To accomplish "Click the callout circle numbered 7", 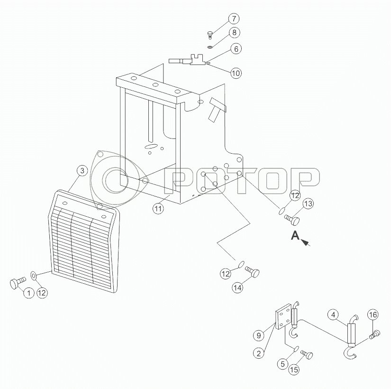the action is click(234, 19).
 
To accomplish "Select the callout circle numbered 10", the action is click(236, 73).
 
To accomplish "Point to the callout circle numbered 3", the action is click(82, 171).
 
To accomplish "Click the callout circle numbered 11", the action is click(158, 208).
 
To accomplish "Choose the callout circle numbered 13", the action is click(308, 204).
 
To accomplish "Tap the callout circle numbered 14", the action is click(237, 287).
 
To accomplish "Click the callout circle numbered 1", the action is click(29, 293).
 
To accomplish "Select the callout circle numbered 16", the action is click(373, 315).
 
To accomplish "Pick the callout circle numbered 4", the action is click(333, 315).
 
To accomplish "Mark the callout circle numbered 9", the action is click(259, 335).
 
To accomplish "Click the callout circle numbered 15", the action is click(294, 370).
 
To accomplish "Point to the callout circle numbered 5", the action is click(282, 364).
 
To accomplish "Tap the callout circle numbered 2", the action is click(259, 353).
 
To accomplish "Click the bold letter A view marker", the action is click(295, 235).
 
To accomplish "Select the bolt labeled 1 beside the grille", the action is click(18, 283).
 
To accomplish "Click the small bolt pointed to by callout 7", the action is click(209, 35).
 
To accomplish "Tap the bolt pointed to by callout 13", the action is click(292, 220).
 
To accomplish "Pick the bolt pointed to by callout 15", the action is click(307, 354).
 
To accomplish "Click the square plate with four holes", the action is click(283, 316).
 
